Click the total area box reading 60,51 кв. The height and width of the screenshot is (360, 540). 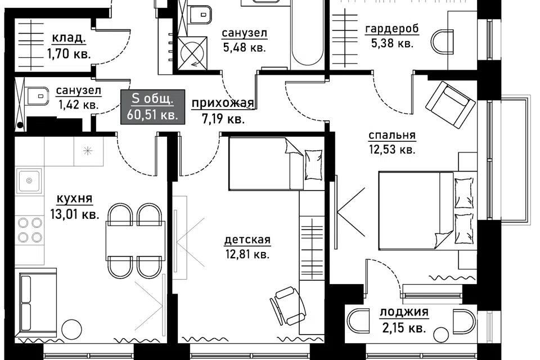[x=152, y=107]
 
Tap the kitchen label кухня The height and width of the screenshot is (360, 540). [x=74, y=199]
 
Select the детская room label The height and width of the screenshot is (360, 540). [x=247, y=240]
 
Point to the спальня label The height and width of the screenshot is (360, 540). [x=392, y=136]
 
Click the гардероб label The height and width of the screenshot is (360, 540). [x=392, y=29]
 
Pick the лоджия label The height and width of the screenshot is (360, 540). [x=404, y=312]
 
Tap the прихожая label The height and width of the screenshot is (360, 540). [x=223, y=103]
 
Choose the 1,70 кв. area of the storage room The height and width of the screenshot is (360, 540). [x=69, y=54]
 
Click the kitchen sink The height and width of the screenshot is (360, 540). [x=29, y=180]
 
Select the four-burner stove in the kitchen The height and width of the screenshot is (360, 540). [x=30, y=229]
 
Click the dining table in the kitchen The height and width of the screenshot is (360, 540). [x=135, y=241]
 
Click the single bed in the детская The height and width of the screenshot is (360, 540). [x=277, y=164]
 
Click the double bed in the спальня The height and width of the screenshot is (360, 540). [x=427, y=210]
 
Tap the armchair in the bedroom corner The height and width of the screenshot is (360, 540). [x=450, y=105]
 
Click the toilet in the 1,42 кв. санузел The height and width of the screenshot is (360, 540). [x=37, y=96]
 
